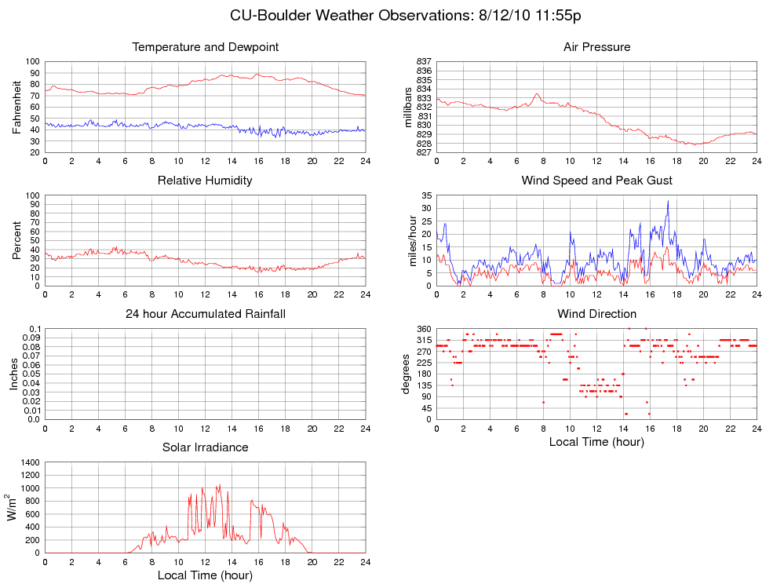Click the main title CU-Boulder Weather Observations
click(x=405, y=16)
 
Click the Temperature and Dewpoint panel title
click(x=206, y=47)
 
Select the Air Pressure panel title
click(x=596, y=47)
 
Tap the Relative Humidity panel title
click(x=205, y=181)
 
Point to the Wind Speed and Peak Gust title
click(x=596, y=181)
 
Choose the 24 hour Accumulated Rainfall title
click(x=206, y=314)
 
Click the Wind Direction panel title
click(x=596, y=314)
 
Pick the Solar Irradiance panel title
click(x=205, y=447)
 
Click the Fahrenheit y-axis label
click(x=17, y=107)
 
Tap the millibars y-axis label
click(x=408, y=107)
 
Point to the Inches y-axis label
click(x=13, y=374)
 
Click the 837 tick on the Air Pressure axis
click(x=424, y=61)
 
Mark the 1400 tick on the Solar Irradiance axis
click(x=28, y=462)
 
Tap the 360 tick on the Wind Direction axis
click(x=424, y=328)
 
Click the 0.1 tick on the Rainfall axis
click(x=34, y=328)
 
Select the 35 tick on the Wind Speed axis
click(x=426, y=195)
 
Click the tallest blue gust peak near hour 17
click(x=668, y=201)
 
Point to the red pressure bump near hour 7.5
click(x=537, y=94)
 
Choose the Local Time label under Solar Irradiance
click(x=205, y=575)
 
